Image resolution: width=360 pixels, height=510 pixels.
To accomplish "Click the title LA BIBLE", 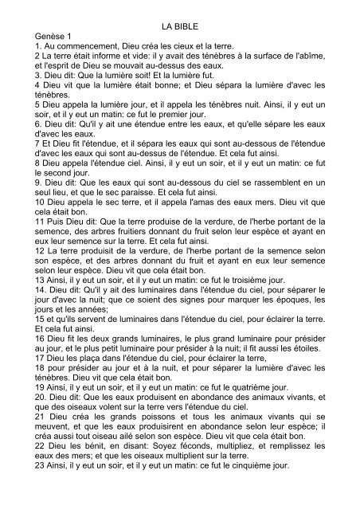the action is tap(180, 25).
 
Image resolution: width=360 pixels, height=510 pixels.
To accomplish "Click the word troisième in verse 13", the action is tap(253, 329).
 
